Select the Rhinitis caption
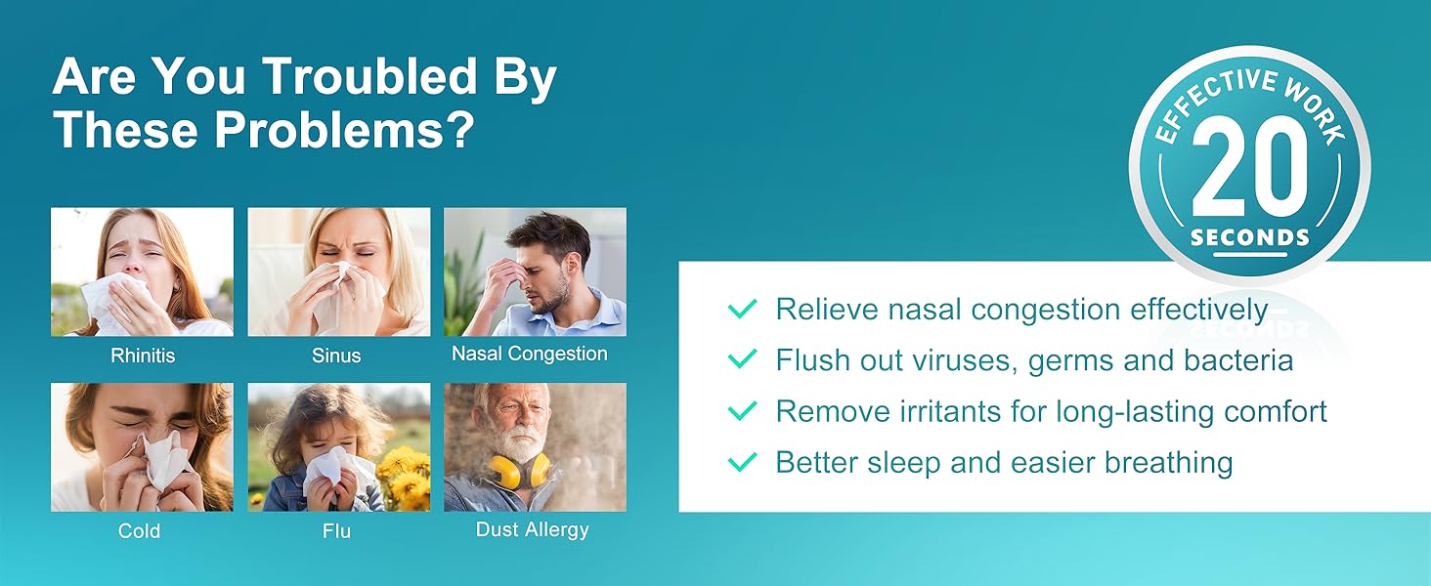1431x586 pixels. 143,356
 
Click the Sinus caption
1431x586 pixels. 336,356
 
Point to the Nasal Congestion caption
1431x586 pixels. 530,354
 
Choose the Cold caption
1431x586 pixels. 139,531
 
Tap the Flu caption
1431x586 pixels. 336,532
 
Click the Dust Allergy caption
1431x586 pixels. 532,529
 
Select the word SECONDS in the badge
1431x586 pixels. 1249,237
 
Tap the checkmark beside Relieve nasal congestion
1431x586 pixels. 743,310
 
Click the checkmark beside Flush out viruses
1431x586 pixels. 743,359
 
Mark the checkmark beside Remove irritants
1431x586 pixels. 743,411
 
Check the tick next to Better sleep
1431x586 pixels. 743,462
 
